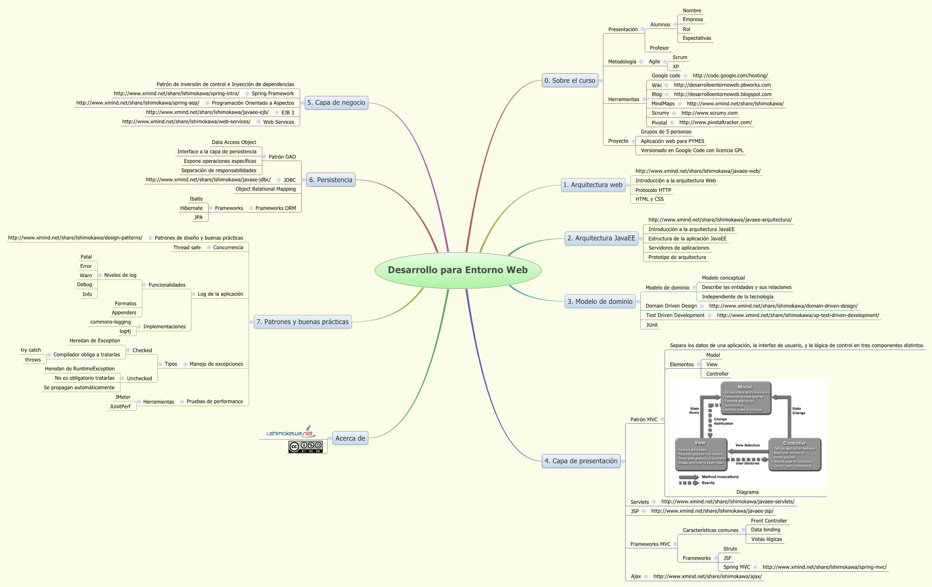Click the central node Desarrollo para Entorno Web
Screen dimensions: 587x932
(458, 270)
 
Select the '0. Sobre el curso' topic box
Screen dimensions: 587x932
(569, 81)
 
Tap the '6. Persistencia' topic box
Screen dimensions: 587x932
(331, 180)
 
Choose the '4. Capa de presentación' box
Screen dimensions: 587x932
(581, 461)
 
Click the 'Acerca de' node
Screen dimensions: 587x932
(350, 438)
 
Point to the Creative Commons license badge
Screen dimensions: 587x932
(306, 447)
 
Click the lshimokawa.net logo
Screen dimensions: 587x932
(290, 432)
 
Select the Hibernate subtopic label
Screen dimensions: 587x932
(191, 208)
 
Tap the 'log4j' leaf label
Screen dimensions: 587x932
(125, 331)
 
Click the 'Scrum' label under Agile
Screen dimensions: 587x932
(680, 57)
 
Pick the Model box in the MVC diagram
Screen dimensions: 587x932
(746, 398)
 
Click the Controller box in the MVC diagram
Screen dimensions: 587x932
(794, 454)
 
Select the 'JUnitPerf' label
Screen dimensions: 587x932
(120, 407)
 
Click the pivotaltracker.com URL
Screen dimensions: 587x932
(715, 122)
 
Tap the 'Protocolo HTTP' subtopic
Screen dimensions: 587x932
(653, 190)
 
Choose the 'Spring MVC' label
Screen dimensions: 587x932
(736, 567)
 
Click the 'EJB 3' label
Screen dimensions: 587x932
(288, 113)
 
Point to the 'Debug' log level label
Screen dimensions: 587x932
(85, 285)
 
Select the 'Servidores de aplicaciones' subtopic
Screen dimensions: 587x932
(679, 248)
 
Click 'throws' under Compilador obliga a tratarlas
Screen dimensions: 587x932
(33, 360)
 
